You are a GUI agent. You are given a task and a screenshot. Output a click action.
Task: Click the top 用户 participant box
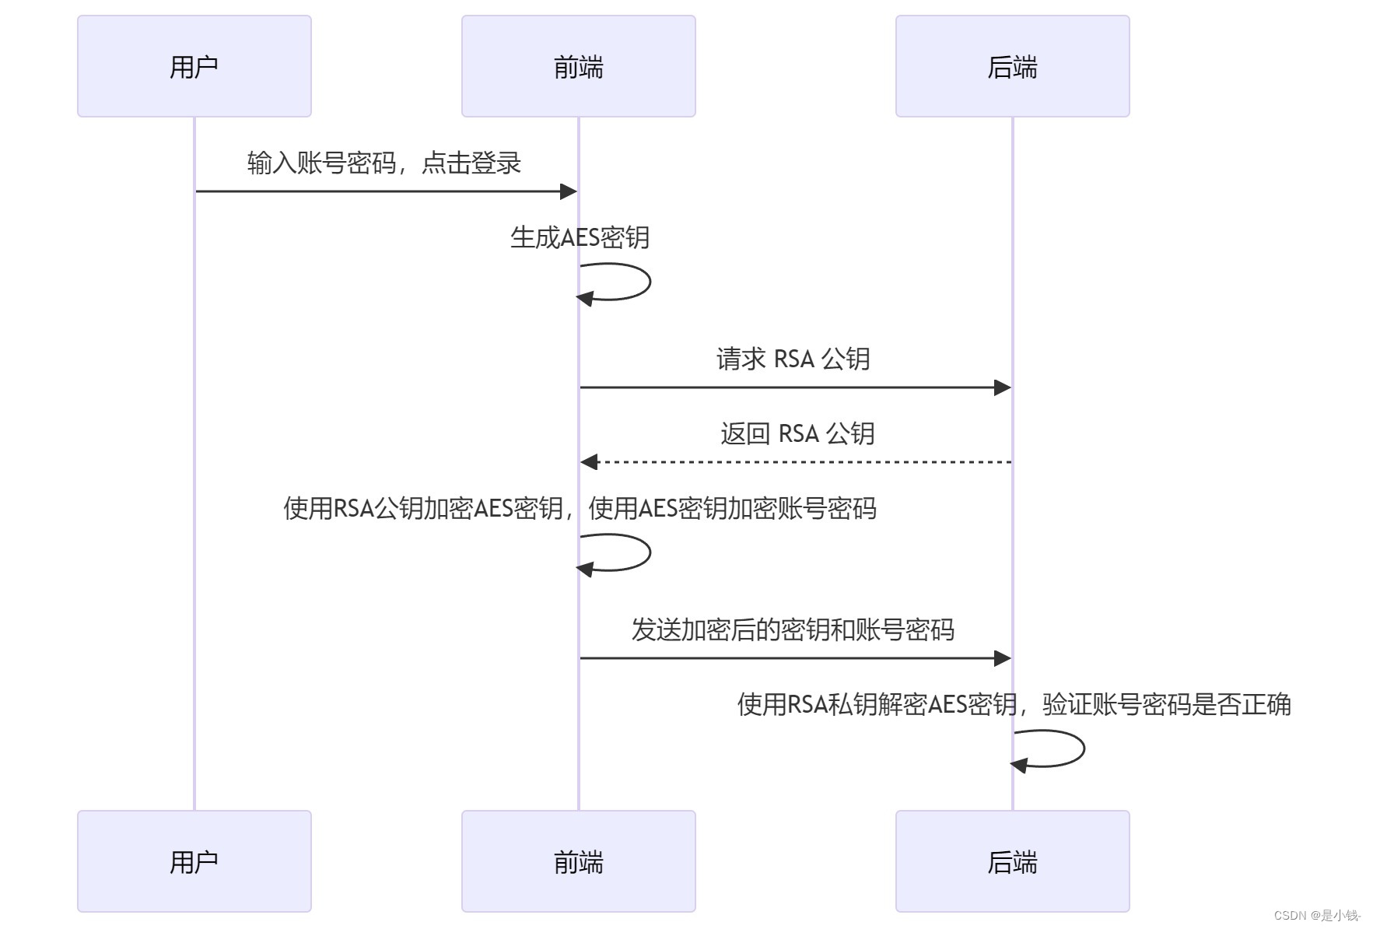[x=194, y=66]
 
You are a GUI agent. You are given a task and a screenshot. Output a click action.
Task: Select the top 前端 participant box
[x=578, y=66]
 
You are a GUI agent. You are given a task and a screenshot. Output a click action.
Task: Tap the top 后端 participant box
[x=1012, y=66]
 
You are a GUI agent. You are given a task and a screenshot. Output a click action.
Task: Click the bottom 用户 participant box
[x=194, y=861]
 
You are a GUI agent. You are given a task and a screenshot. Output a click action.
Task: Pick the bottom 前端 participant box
[x=578, y=861]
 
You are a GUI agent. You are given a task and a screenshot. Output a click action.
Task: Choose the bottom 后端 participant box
[x=1012, y=861]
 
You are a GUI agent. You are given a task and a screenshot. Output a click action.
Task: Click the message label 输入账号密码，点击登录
[x=384, y=163]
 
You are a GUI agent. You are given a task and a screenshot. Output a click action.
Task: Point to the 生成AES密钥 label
[x=580, y=237]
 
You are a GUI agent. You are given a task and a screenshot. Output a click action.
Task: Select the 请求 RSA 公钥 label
[x=793, y=359]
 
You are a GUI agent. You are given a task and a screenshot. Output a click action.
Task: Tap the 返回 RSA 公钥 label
[x=797, y=433]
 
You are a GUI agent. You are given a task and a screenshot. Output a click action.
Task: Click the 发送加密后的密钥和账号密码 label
[x=793, y=629]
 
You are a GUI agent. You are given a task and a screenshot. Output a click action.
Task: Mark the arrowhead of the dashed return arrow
[x=589, y=462]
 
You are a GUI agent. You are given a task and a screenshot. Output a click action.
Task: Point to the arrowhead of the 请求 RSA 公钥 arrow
[x=1003, y=387]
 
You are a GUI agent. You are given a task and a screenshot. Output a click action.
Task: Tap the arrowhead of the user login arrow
[x=569, y=191]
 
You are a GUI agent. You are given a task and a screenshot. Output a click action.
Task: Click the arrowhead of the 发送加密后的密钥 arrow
[x=1003, y=658]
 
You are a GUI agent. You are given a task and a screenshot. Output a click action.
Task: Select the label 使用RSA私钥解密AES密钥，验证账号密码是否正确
[x=1014, y=704]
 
